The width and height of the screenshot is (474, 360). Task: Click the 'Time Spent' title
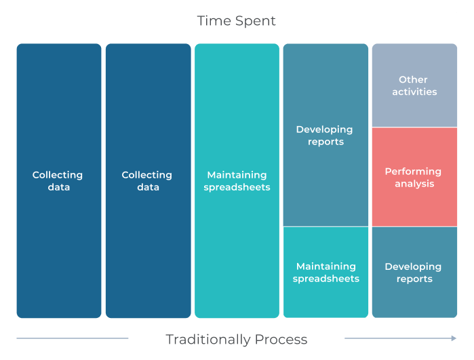(x=236, y=21)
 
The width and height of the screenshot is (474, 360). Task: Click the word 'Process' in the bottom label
(x=280, y=340)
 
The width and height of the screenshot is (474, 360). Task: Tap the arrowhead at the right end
(x=454, y=338)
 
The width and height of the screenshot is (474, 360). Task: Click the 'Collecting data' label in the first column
(x=58, y=181)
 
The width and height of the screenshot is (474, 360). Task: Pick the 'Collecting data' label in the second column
(x=147, y=181)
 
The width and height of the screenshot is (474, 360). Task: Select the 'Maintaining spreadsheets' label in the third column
(x=237, y=181)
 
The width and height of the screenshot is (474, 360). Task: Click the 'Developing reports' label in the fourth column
(x=325, y=136)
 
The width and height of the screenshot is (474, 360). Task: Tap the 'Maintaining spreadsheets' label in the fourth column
(x=325, y=273)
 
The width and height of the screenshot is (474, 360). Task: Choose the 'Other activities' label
(x=414, y=85)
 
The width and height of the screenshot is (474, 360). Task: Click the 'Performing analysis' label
(x=414, y=178)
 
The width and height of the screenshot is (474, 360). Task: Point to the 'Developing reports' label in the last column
(x=414, y=273)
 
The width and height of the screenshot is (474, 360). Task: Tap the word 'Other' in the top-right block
(x=414, y=79)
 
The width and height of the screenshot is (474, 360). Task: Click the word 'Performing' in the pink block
(x=414, y=172)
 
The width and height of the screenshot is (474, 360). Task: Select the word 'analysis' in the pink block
(x=414, y=184)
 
